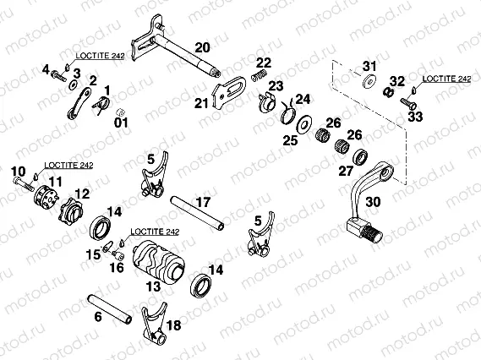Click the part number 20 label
tap(202, 47)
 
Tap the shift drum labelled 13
tap(159, 264)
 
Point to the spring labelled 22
tap(259, 75)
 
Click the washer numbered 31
tap(370, 82)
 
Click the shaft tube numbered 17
tap(197, 213)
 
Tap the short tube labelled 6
tap(110, 308)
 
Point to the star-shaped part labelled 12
tap(71, 210)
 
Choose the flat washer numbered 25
tap(304, 124)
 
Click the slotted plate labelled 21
tap(229, 92)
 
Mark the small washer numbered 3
tap(74, 85)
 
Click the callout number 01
tap(121, 123)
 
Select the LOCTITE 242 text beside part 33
tap(446, 79)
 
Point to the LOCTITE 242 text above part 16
tap(155, 232)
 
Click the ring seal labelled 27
tap(360, 157)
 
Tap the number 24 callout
tap(303, 99)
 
